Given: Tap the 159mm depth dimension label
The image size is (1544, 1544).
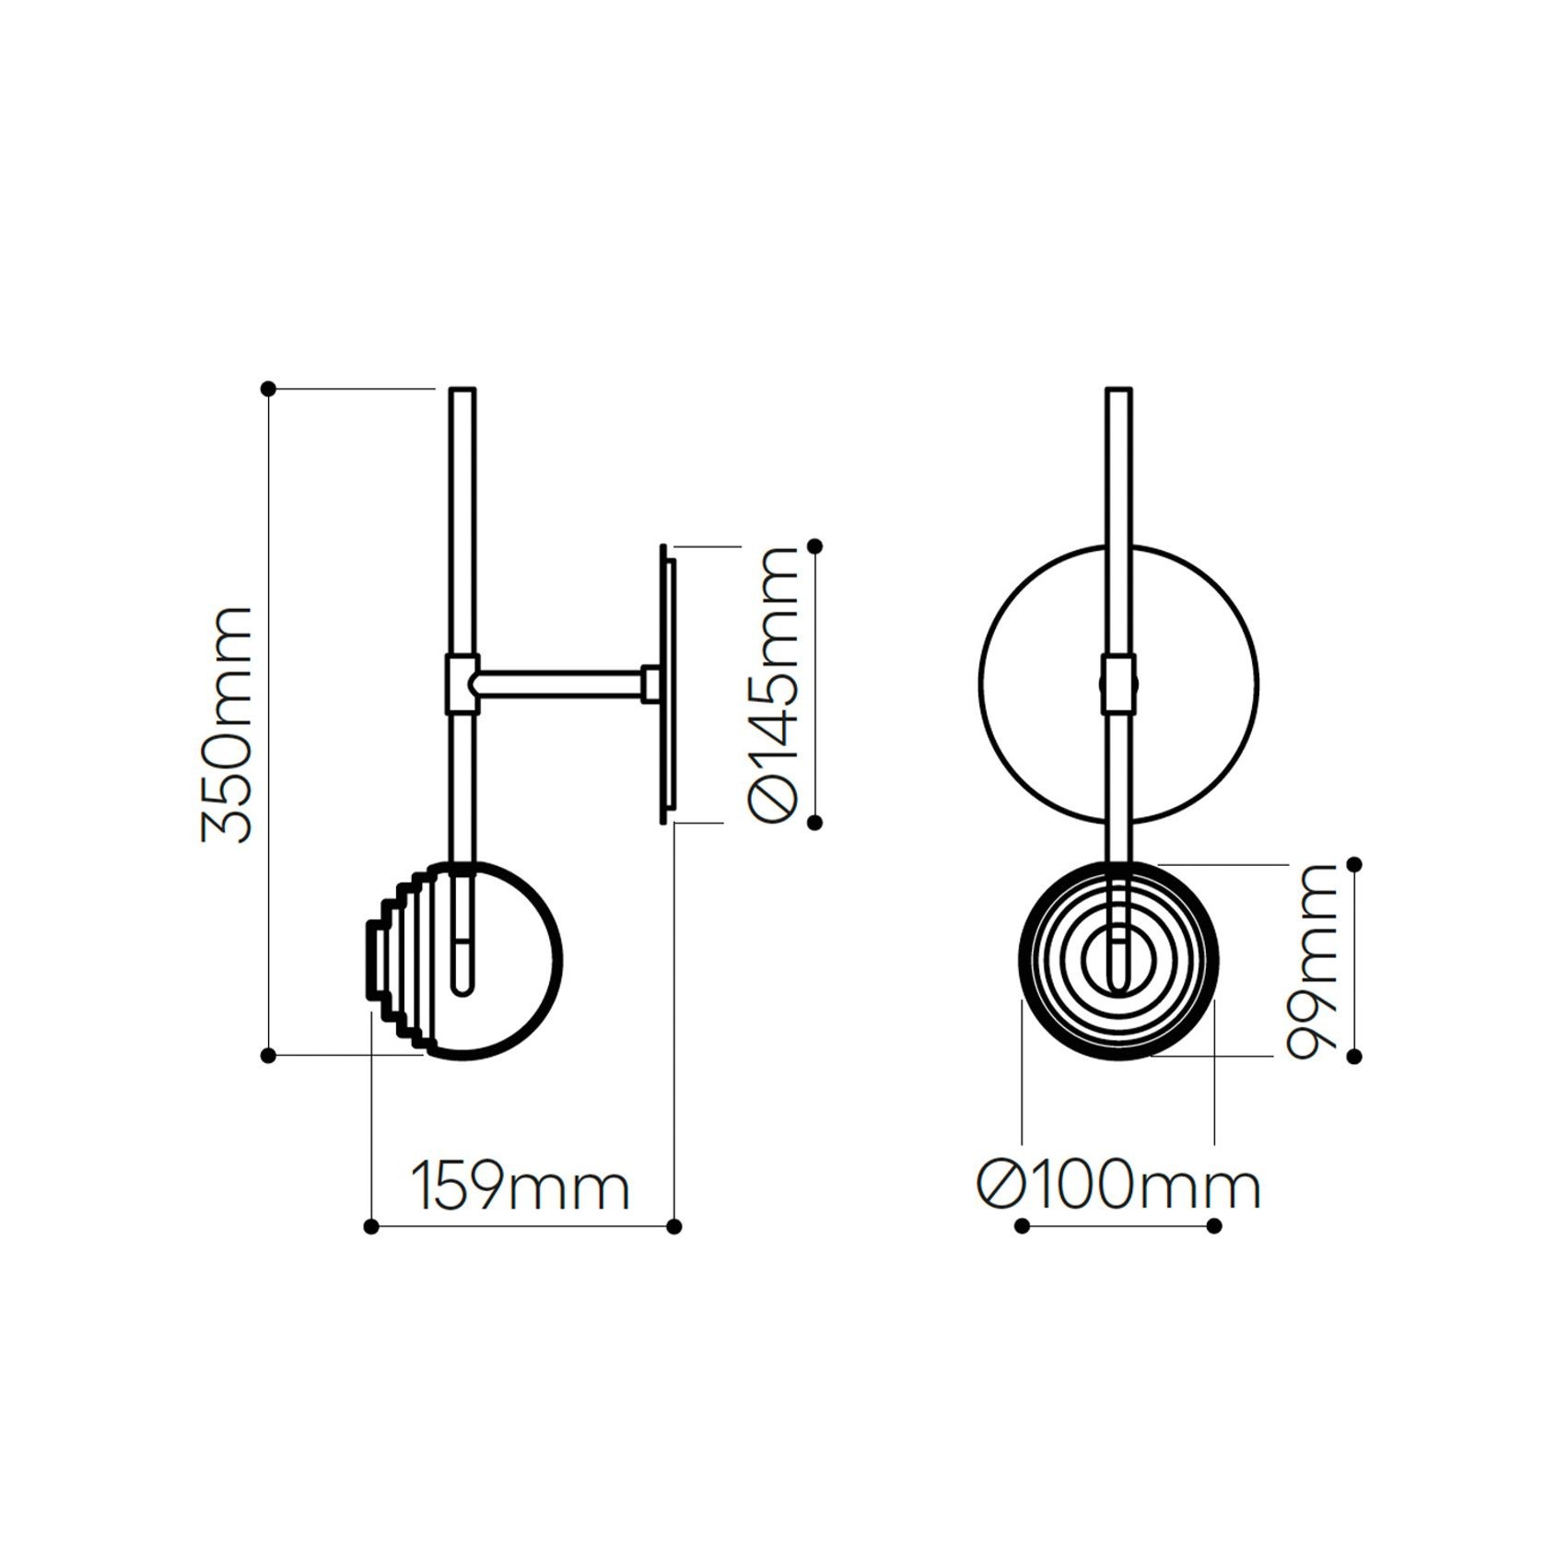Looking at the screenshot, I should [521, 1187].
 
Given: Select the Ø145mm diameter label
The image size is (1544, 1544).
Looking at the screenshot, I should [772, 683].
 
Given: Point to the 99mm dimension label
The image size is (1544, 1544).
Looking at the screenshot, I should [1310, 961].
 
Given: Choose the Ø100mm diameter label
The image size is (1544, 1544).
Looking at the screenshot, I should [1117, 1187].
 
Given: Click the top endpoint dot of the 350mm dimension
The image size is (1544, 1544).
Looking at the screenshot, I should [269, 390].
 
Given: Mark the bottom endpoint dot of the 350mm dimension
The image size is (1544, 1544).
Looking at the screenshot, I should [269, 1056].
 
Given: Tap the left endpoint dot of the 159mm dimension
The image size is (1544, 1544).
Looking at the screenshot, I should [371, 1226].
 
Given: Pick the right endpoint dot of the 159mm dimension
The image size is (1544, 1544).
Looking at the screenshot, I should [674, 1226].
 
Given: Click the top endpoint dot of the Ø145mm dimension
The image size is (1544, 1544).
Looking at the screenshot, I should [814, 546].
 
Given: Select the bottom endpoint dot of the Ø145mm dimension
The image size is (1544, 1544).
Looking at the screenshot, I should [814, 821].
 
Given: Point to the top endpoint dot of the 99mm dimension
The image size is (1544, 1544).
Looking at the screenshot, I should [1354, 864].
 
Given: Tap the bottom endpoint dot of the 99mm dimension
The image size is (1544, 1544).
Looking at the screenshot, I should [1354, 1057].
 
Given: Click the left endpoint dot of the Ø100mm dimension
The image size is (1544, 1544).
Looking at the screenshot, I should [1022, 1225].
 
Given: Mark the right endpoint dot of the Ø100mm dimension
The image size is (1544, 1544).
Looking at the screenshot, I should [1214, 1225].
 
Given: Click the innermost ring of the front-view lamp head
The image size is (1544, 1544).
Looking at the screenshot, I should [1117, 961].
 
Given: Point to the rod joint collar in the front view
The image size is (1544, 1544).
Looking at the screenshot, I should [1118, 684].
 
